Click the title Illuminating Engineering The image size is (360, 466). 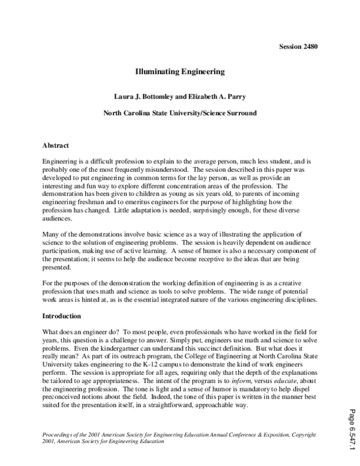point(179,71)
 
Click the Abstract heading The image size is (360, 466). point(56,145)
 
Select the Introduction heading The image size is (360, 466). point(62,315)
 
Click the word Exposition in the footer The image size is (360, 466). point(277,434)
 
